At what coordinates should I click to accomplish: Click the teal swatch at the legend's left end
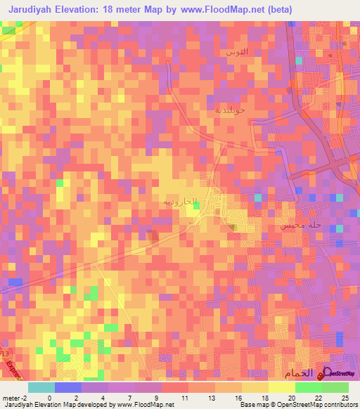coord(41,387)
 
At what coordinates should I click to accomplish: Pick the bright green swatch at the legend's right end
coord(335,387)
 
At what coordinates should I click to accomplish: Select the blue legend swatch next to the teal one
coord(68,387)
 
